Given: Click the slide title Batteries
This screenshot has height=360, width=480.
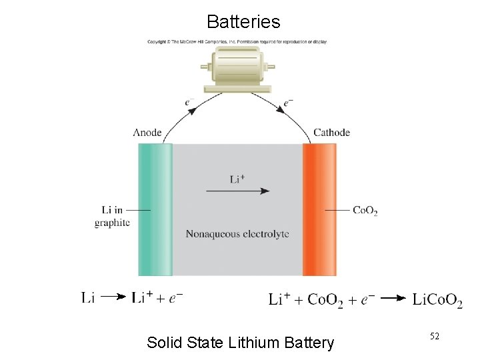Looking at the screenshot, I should click(x=243, y=21).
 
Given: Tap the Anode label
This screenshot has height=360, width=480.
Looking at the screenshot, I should click(x=147, y=132).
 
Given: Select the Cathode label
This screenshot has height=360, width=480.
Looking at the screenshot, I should click(x=331, y=132).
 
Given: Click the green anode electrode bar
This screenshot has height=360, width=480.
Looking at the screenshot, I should click(x=155, y=209).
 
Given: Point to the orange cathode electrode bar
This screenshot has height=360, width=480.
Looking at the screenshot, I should click(x=319, y=209).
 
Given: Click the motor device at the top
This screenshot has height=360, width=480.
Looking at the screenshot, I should click(x=237, y=69).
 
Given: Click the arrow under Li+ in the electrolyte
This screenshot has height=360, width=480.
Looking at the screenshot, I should click(x=238, y=191).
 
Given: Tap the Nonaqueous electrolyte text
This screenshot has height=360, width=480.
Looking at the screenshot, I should click(x=237, y=234).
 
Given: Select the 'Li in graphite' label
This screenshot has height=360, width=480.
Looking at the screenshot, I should click(x=112, y=217).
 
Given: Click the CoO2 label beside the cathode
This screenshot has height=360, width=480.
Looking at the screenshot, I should click(x=365, y=211).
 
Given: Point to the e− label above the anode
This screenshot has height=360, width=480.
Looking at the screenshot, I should click(x=191, y=102).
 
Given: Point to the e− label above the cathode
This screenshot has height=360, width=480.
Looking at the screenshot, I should click(x=288, y=102).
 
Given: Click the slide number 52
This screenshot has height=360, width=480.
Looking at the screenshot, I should click(x=434, y=337).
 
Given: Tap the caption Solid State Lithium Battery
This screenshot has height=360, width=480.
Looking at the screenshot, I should click(x=240, y=343).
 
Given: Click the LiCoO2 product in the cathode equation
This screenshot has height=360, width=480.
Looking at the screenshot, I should click(x=437, y=301).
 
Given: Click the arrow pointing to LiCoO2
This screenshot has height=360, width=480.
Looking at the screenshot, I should click(x=397, y=299).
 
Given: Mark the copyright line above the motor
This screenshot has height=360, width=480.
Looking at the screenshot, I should click(x=237, y=41).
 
